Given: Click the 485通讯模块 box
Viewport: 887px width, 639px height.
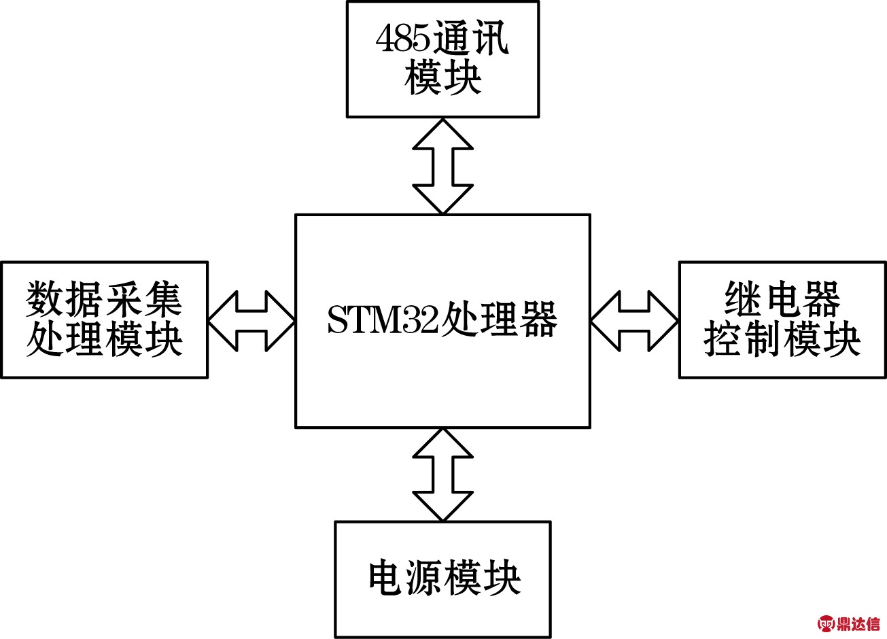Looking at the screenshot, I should click(x=442, y=59).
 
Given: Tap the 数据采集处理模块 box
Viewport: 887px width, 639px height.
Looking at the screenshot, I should click(x=104, y=319).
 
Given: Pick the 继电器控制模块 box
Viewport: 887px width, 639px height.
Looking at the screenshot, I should click(x=782, y=319).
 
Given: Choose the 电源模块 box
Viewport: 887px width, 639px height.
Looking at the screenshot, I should click(x=442, y=579).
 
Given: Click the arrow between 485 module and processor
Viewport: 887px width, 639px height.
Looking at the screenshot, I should click(x=442, y=166).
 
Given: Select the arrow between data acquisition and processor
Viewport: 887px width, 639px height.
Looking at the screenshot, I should click(x=251, y=320).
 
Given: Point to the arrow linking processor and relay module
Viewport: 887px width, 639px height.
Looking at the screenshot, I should click(x=634, y=320).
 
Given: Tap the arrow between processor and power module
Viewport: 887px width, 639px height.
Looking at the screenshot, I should click(x=442, y=474).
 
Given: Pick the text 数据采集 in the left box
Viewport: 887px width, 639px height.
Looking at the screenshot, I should click(x=104, y=299).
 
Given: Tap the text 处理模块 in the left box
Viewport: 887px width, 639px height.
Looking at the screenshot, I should click(x=104, y=339).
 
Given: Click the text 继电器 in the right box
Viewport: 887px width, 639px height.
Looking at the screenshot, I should click(x=782, y=299).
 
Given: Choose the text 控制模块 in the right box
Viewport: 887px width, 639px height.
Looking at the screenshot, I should click(x=782, y=339).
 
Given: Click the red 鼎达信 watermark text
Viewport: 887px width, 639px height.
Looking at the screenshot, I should click(x=858, y=623).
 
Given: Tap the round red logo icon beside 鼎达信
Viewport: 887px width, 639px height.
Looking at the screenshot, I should click(x=826, y=623).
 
